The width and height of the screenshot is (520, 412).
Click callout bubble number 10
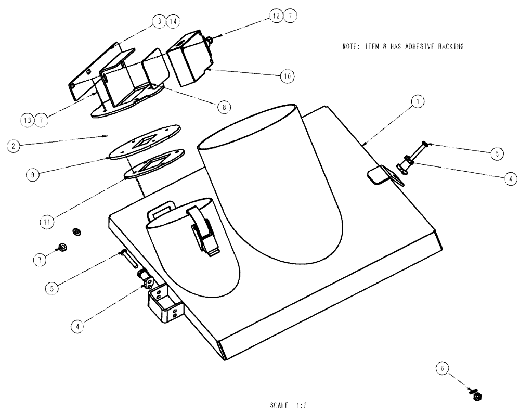click(286, 75)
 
